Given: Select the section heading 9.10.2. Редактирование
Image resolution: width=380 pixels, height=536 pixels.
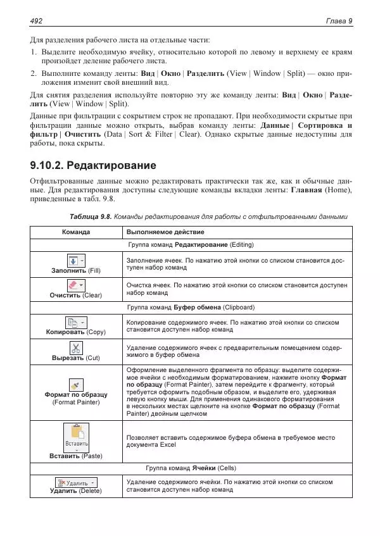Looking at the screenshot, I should pos(93,166).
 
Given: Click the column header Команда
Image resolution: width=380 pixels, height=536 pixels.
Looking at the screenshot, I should pos(75,232).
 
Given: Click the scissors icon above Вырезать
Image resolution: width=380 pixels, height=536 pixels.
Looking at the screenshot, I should pos(75,348).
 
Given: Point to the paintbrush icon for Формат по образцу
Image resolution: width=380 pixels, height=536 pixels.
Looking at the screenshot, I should pos(75,384).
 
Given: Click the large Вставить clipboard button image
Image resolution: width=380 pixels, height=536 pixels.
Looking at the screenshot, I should pos(75,436).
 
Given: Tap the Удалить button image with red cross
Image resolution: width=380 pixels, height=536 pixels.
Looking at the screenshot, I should pos(75,483).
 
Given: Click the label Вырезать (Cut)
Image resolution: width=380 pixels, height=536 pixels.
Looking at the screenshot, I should pos(75,358).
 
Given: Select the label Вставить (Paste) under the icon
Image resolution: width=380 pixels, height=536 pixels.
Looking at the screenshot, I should pos(75,456).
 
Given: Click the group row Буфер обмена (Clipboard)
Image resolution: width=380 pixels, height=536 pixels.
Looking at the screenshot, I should pos(190,308).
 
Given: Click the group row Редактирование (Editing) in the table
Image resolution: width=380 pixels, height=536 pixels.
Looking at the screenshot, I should pos(190,245).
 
